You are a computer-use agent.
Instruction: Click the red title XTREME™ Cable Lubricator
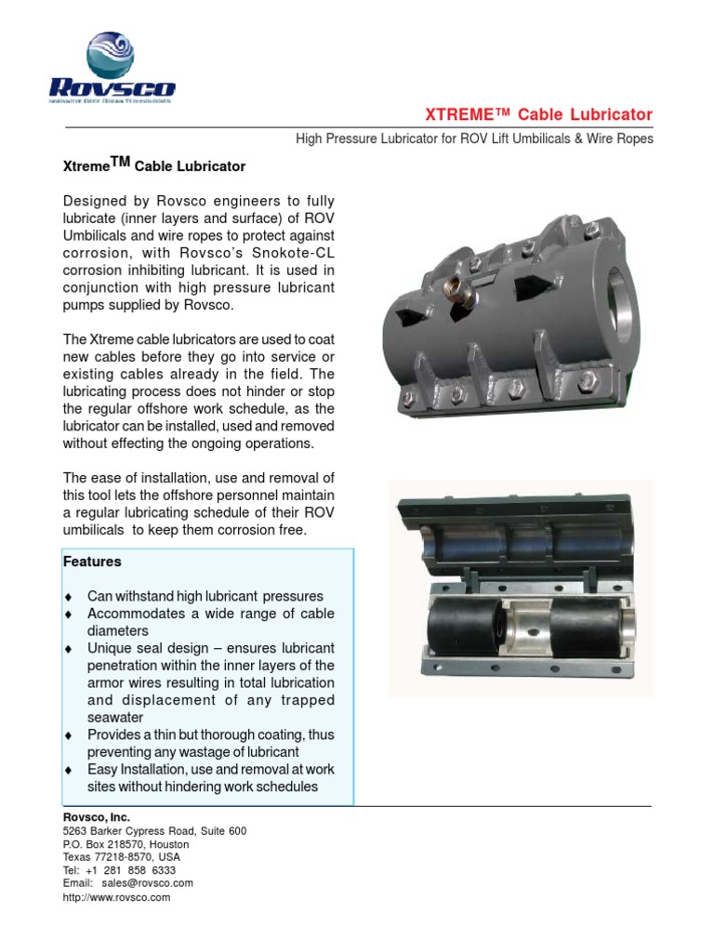pos(538,114)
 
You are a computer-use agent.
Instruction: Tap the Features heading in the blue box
pos(92,562)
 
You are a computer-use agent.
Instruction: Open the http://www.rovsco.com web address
pos(116,897)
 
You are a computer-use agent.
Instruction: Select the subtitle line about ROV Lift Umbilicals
pos(474,139)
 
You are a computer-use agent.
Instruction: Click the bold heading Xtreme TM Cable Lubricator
pos(154,165)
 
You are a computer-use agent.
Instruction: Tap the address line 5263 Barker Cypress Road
pos(154,830)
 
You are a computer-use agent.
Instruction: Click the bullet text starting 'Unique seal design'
pos(210,648)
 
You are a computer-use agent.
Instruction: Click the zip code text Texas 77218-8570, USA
pos(122,856)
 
